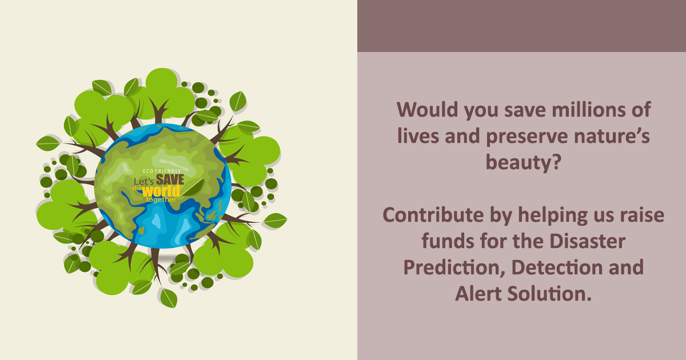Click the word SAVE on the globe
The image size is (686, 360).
pyautogui.click(x=170, y=179)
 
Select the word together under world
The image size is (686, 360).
pyautogui.click(x=163, y=199)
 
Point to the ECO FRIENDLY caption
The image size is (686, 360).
pyautogui.click(x=162, y=171)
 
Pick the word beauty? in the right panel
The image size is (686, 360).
pyautogui.click(x=521, y=163)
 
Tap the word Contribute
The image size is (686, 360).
pyautogui.click(x=429, y=215)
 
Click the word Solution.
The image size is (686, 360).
pyautogui.click(x=549, y=294)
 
